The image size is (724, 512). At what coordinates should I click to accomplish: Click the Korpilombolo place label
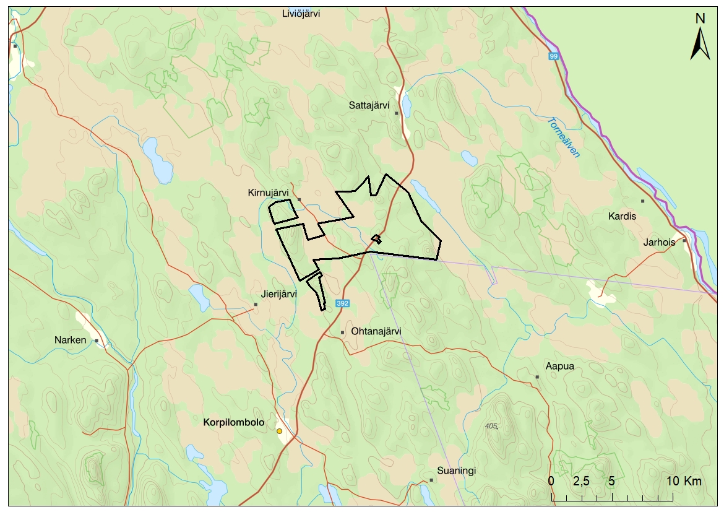233,423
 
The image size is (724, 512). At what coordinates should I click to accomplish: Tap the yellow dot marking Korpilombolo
280,431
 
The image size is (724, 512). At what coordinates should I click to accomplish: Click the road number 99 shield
553,56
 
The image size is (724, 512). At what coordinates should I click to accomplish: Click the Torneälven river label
563,137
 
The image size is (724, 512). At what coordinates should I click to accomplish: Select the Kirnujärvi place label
268,193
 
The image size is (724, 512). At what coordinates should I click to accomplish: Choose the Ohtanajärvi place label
376,331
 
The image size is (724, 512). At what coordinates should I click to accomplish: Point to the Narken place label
71,340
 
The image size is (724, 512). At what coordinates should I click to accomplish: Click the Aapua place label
559,366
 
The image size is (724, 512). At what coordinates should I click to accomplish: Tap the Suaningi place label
456,471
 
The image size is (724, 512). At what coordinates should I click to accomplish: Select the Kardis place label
622,216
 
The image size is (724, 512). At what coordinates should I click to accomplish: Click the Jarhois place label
660,242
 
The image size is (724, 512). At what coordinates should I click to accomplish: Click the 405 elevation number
492,426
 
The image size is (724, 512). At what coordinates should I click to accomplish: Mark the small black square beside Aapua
537,376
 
